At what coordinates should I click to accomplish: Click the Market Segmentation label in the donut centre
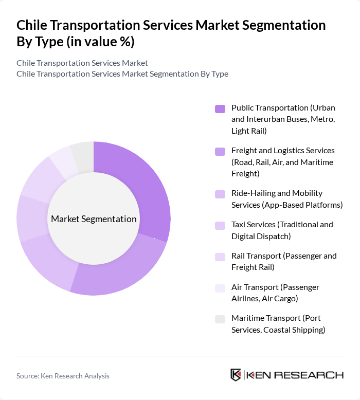[x=94, y=219]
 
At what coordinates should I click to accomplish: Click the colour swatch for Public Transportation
[x=220, y=108]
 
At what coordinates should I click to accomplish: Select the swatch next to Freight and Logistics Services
[x=220, y=151]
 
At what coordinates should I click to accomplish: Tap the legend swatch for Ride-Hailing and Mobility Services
[x=220, y=194]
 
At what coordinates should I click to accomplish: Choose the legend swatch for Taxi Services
[x=220, y=225]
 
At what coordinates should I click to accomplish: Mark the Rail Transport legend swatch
[x=220, y=257]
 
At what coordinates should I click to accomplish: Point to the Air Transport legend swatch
[x=220, y=288]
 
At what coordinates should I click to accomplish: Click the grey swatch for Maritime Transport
[x=220, y=319]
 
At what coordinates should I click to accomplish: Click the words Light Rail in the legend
[x=249, y=131]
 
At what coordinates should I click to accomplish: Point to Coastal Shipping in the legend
[x=294, y=330]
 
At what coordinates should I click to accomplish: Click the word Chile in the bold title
[x=33, y=25]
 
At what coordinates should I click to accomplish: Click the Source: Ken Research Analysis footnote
[x=63, y=376]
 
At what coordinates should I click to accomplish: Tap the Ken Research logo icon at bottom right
[x=236, y=375]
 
